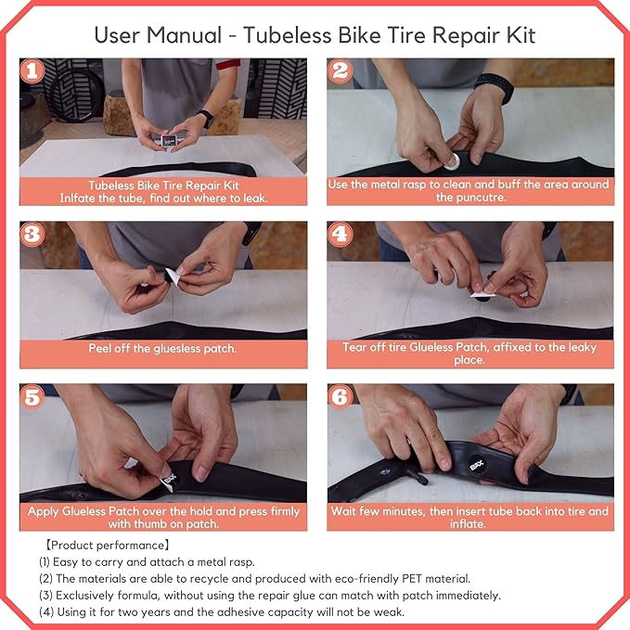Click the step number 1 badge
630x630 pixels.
[32, 71]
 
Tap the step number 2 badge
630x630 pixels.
[341, 71]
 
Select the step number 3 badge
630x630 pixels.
[32, 234]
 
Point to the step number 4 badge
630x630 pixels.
[341, 234]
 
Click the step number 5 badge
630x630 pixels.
[32, 397]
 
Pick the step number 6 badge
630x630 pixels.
[341, 397]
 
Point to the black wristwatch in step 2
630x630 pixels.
[494, 89]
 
